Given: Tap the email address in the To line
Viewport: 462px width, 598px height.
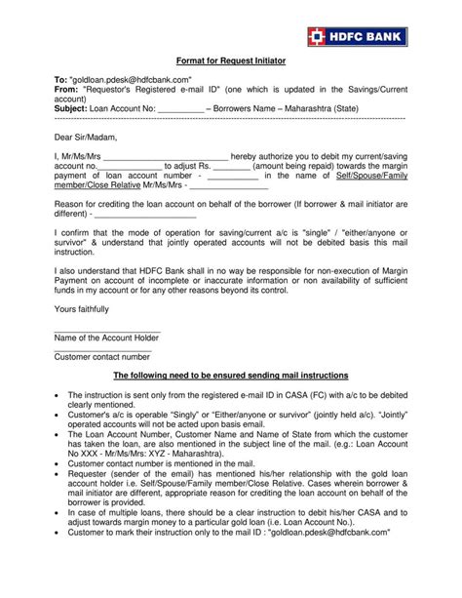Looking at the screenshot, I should click(x=125, y=79).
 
